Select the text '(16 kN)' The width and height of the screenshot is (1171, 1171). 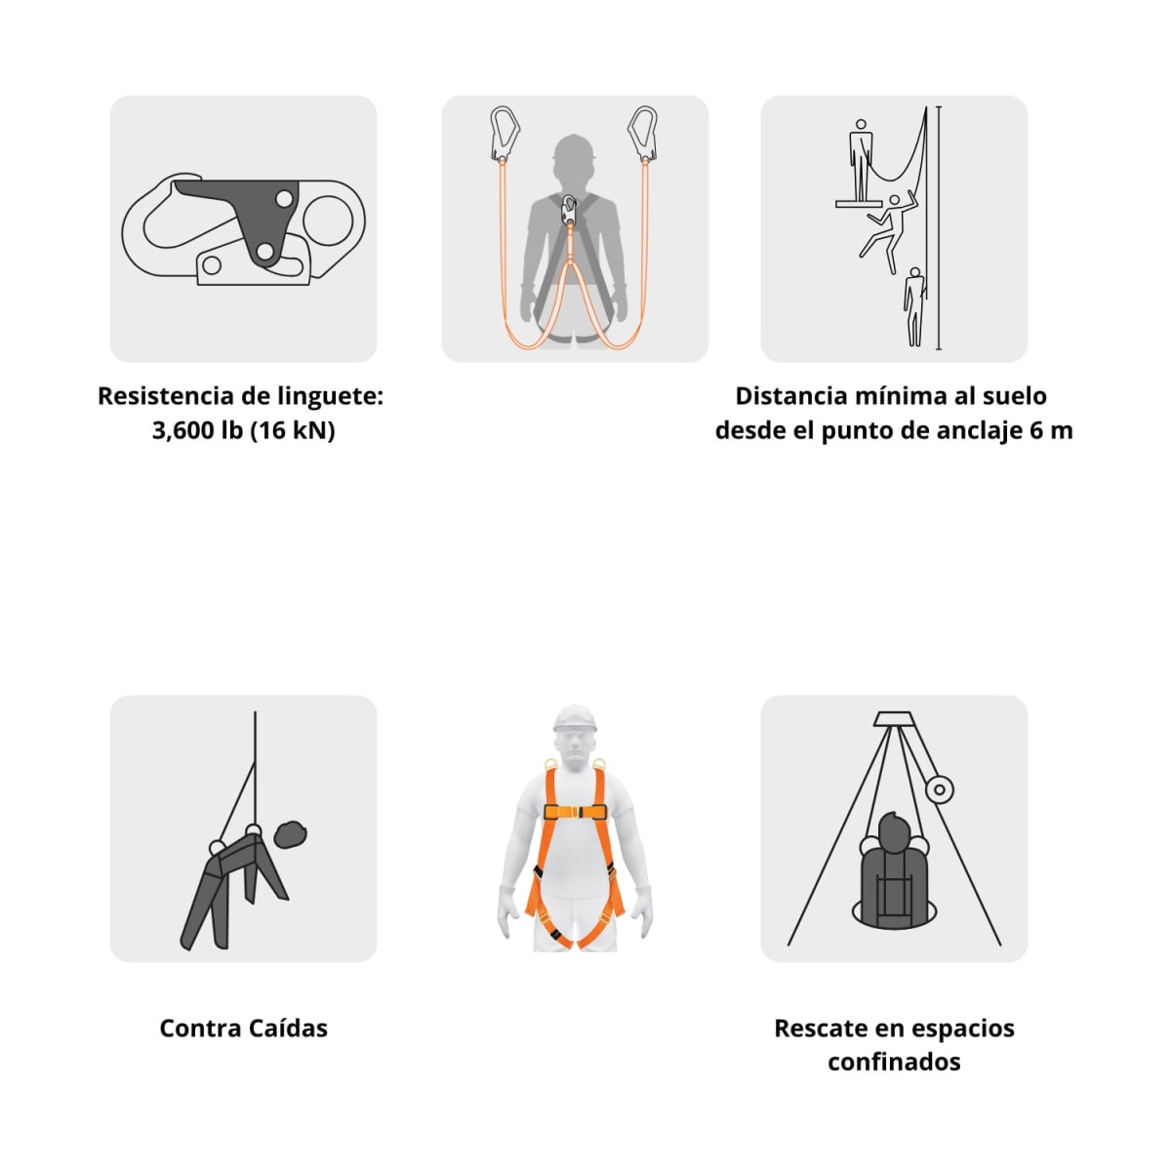coord(292,430)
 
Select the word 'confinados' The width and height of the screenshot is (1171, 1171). coord(894,1062)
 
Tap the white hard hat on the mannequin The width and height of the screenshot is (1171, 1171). coord(575,719)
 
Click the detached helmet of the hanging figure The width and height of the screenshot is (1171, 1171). coord(291,834)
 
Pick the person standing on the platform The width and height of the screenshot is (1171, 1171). coord(859,159)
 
